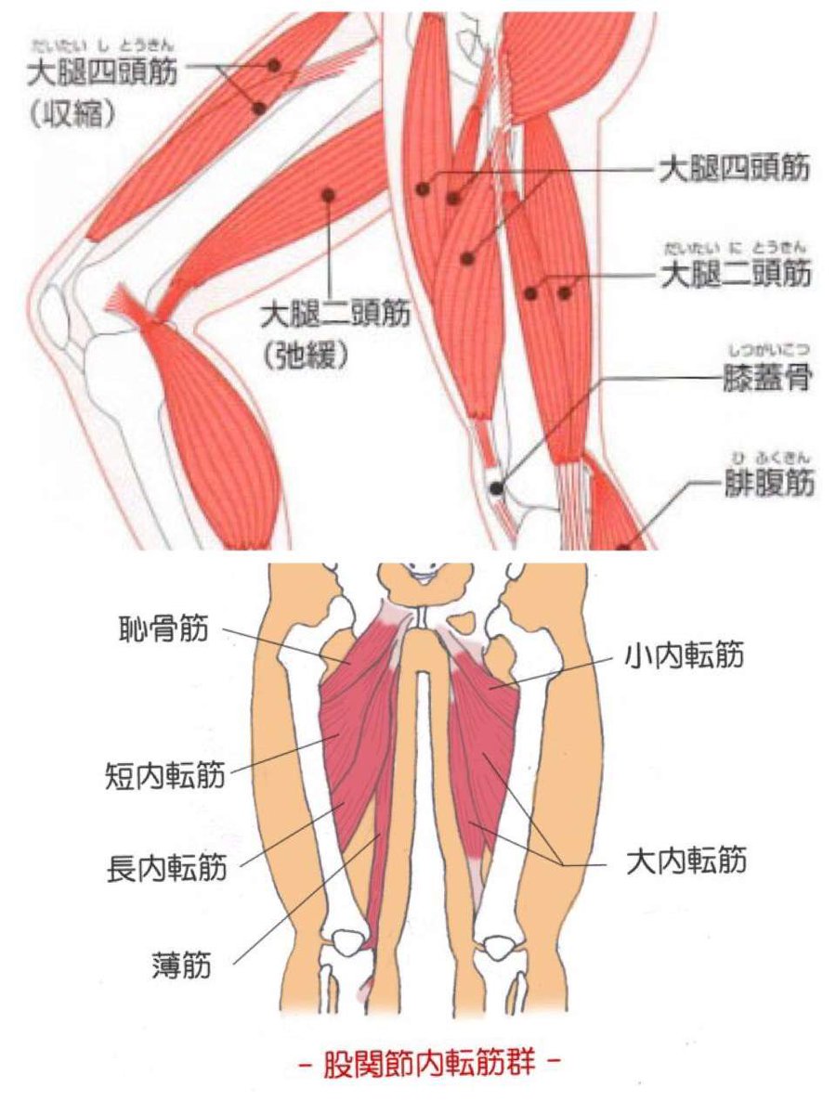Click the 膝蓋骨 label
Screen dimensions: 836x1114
pos(767,379)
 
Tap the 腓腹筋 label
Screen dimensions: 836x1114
pos(767,484)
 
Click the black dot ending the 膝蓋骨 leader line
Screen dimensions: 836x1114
pos(498,486)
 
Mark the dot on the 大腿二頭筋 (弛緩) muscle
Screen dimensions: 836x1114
pos(327,194)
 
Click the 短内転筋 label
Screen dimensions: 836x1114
pos(165,775)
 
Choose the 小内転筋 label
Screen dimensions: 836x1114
pos(685,657)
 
